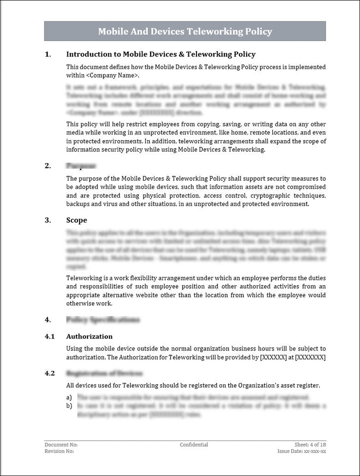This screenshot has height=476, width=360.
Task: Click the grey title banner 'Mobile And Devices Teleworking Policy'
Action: click(x=185, y=32)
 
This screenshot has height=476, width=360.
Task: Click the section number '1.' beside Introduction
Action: click(x=47, y=54)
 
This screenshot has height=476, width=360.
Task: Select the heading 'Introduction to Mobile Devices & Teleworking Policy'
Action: click(x=160, y=54)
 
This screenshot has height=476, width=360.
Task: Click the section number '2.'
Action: click(x=47, y=165)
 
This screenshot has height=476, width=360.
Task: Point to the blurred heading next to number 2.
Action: click(x=80, y=165)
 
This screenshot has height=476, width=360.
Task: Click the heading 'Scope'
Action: click(x=76, y=220)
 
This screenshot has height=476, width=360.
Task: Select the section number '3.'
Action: click(x=47, y=220)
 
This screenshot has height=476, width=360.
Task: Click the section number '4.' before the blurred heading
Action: click(x=47, y=319)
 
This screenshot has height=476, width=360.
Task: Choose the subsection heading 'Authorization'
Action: click(x=89, y=336)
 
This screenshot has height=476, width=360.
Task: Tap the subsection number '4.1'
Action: click(x=49, y=336)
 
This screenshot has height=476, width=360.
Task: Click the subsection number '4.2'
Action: click(x=49, y=373)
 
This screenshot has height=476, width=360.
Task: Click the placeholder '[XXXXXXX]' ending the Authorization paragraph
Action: click(x=310, y=357)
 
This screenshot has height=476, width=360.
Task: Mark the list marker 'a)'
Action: click(x=69, y=397)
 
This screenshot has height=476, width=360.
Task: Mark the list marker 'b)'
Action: click(x=69, y=405)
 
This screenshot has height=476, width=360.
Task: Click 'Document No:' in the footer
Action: click(x=61, y=444)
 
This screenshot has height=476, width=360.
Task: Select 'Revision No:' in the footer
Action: click(x=59, y=451)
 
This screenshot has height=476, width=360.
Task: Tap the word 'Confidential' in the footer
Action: click(x=194, y=444)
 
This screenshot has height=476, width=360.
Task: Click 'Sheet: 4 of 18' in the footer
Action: click(x=310, y=444)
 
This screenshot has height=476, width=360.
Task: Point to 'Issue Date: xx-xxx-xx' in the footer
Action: click(x=301, y=451)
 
